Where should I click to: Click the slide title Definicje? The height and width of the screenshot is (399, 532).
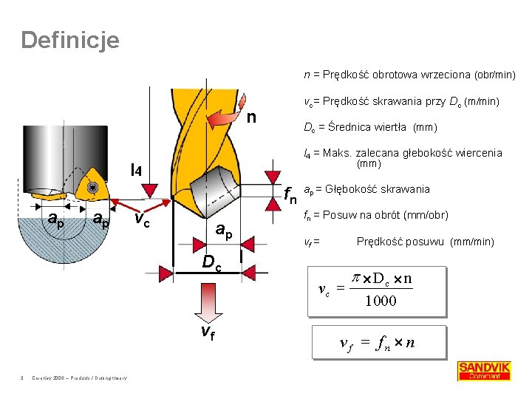(x=69, y=40)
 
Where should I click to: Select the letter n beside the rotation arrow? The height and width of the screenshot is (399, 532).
(x=252, y=117)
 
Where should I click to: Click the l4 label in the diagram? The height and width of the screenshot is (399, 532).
(x=140, y=171)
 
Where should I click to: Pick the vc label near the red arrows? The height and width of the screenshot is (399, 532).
(x=144, y=219)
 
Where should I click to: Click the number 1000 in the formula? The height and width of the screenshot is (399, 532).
(x=381, y=301)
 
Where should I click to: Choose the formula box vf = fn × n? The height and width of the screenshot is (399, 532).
(x=378, y=343)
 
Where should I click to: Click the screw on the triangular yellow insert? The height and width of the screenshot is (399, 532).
(x=93, y=188)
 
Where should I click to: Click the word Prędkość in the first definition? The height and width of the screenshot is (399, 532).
(x=344, y=75)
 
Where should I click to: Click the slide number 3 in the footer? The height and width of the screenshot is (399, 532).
(x=23, y=379)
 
